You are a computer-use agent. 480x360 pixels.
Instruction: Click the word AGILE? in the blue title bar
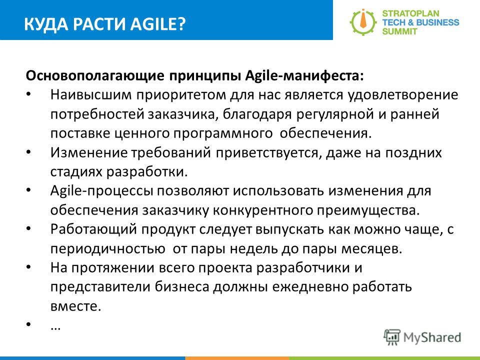(x=158, y=24)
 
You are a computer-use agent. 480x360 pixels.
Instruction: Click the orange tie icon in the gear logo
(x=363, y=21)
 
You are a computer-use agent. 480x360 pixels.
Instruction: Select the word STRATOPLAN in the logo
(x=410, y=13)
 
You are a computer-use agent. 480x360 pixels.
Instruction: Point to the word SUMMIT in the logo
(x=399, y=31)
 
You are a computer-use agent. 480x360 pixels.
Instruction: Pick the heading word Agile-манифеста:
(x=304, y=75)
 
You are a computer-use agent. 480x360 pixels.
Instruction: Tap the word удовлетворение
(x=402, y=95)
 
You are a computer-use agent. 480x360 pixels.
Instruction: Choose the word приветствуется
(x=268, y=153)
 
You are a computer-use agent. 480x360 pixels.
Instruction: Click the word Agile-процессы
(x=101, y=191)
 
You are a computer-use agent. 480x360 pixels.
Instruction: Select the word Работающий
(x=93, y=229)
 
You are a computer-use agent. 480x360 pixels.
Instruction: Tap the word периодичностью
(x=108, y=249)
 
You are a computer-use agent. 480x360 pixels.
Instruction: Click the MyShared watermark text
(x=432, y=337)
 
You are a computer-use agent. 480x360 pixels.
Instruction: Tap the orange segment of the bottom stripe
(x=237, y=358)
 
